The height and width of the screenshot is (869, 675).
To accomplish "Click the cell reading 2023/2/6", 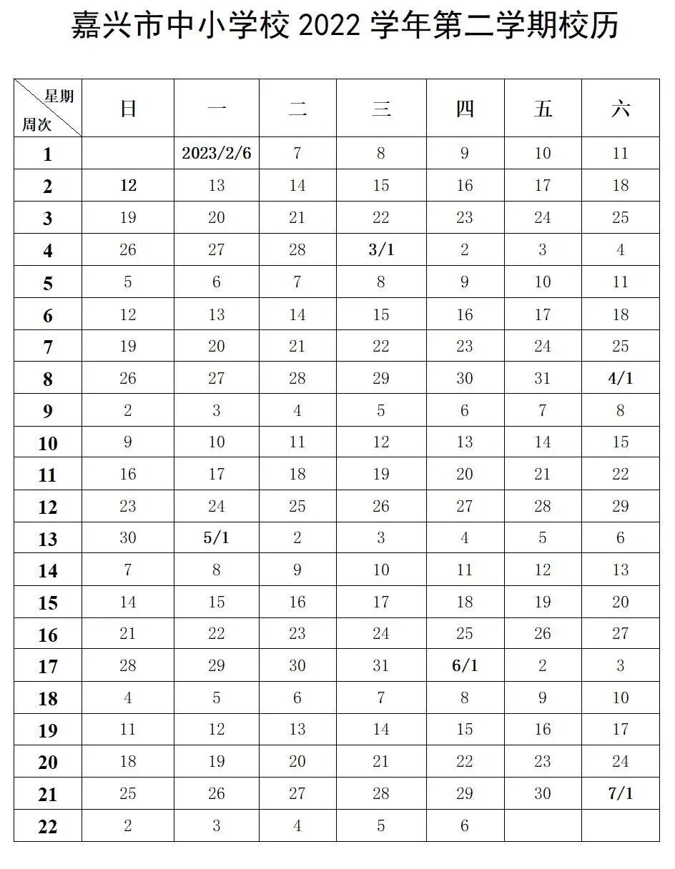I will click(x=217, y=154).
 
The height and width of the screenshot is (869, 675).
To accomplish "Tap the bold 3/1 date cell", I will click(x=380, y=250).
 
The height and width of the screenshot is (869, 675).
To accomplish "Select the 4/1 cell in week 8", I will click(x=620, y=378).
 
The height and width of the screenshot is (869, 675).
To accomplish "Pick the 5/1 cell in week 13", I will click(x=217, y=538).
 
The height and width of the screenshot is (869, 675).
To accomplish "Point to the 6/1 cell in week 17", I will click(x=465, y=666).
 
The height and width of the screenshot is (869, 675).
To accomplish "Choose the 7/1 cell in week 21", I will click(x=620, y=794).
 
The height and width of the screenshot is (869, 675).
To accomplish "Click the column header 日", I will click(x=128, y=109).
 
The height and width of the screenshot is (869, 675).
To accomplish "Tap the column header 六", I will click(x=620, y=109).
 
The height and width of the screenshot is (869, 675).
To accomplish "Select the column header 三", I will click(x=380, y=109).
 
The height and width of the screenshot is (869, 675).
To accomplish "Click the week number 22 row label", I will click(x=48, y=827).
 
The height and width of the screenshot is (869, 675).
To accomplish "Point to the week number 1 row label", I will click(x=48, y=154).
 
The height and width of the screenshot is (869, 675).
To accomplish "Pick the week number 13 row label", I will click(x=48, y=539).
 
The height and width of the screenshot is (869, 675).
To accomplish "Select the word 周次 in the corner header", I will click(x=36, y=124).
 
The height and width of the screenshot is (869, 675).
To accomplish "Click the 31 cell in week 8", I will click(x=543, y=378).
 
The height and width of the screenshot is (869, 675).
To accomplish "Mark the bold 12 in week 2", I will click(x=128, y=186).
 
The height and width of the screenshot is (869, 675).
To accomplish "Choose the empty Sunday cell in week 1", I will click(x=128, y=154).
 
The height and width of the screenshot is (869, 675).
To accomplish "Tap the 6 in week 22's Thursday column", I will click(x=465, y=826).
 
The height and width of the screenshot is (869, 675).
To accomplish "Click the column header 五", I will click(x=543, y=109).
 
